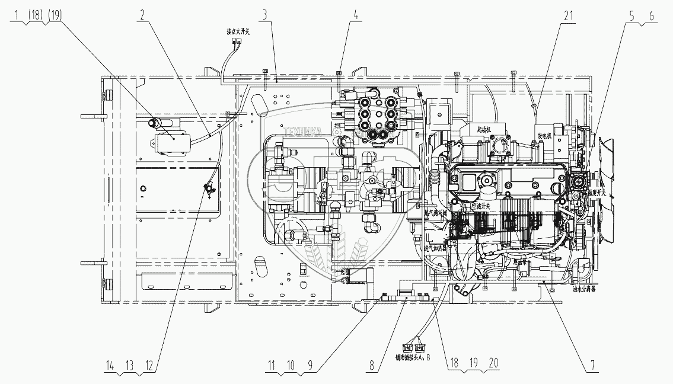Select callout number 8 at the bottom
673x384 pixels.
(371, 366)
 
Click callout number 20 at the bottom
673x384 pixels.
(486, 366)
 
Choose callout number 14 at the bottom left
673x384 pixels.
(109, 366)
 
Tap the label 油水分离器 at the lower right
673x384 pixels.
(585, 290)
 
